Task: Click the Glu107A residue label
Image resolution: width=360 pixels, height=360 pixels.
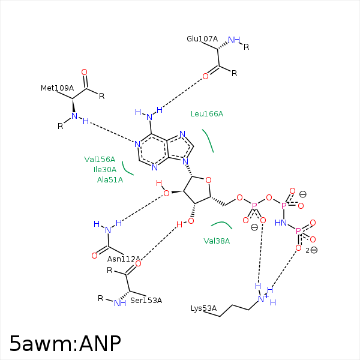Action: pos(202,39)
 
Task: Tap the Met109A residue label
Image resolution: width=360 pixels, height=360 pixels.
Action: pos(57,88)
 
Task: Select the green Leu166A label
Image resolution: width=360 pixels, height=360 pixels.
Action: pos(206,114)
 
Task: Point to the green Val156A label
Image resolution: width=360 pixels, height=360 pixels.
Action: pos(100,159)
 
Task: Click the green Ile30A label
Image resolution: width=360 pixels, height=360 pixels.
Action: pos(105,169)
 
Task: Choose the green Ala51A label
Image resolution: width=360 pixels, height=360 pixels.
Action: pos(110,179)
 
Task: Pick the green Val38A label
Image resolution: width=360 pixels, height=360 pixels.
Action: pos(217,241)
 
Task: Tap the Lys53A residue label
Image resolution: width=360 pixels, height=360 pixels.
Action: pos(203,308)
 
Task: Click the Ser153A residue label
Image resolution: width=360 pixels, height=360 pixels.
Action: pos(146,300)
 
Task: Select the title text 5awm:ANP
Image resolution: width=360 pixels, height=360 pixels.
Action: pos(65,343)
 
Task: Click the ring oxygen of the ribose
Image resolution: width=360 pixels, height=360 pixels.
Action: pos(208,179)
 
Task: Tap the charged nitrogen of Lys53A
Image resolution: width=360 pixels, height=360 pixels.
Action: pos(261,298)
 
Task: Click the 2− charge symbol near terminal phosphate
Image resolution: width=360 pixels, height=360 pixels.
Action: pos(311,250)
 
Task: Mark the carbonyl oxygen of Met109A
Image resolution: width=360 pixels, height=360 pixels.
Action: pos(84,72)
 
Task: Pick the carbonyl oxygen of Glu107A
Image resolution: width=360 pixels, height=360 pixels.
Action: pos(205,76)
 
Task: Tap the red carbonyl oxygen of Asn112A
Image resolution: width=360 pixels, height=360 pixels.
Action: pos(94,256)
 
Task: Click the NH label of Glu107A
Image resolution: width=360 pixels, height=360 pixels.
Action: pos(234,40)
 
